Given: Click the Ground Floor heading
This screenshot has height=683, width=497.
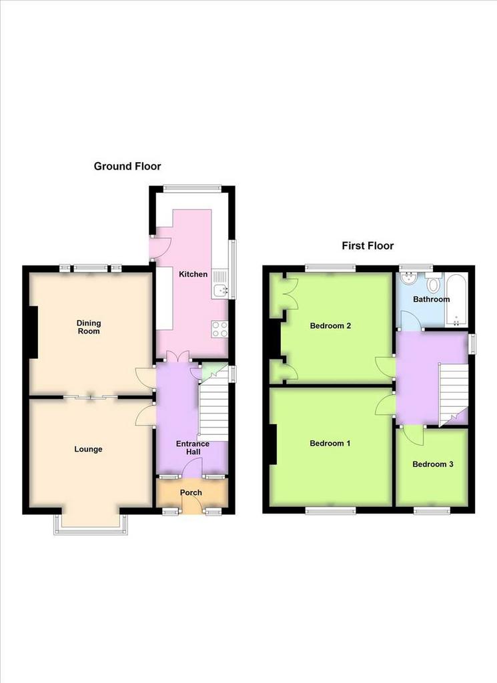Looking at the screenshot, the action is (x=127, y=166).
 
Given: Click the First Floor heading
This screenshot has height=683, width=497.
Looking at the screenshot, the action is (x=368, y=245).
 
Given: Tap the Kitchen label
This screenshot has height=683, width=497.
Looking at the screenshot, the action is (x=193, y=274).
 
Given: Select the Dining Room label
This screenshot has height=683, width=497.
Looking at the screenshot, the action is (x=89, y=327).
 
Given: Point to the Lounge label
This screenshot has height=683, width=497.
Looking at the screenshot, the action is (x=88, y=449).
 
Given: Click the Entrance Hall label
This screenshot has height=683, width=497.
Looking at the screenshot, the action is (x=193, y=448).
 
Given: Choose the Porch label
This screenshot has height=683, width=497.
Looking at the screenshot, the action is (x=191, y=492).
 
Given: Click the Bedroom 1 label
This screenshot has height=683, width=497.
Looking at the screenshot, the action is (x=330, y=444).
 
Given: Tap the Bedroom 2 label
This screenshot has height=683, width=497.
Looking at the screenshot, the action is (x=330, y=325).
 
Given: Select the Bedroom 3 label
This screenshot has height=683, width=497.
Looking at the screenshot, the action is (x=432, y=464).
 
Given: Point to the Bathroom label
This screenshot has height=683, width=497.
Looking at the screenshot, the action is (x=431, y=299).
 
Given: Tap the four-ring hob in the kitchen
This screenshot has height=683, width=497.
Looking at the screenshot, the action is (x=219, y=329).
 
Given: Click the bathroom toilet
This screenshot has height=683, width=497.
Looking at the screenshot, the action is (x=434, y=283).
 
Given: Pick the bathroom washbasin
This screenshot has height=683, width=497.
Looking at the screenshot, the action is (x=408, y=278).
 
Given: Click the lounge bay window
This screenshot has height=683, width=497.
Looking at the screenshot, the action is (x=91, y=524).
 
